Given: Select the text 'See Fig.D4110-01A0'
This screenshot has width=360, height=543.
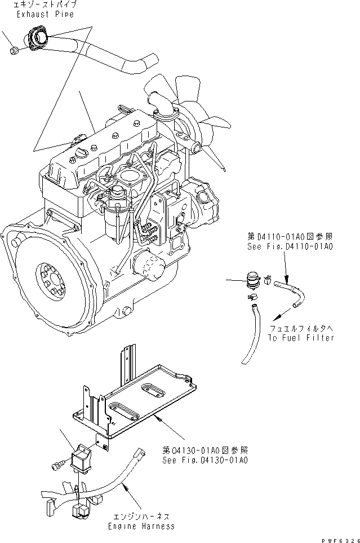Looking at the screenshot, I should (x=282, y=246).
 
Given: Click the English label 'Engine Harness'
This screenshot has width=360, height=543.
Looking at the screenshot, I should (x=141, y=526).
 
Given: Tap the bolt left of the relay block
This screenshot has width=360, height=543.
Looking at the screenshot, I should (x=56, y=466).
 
